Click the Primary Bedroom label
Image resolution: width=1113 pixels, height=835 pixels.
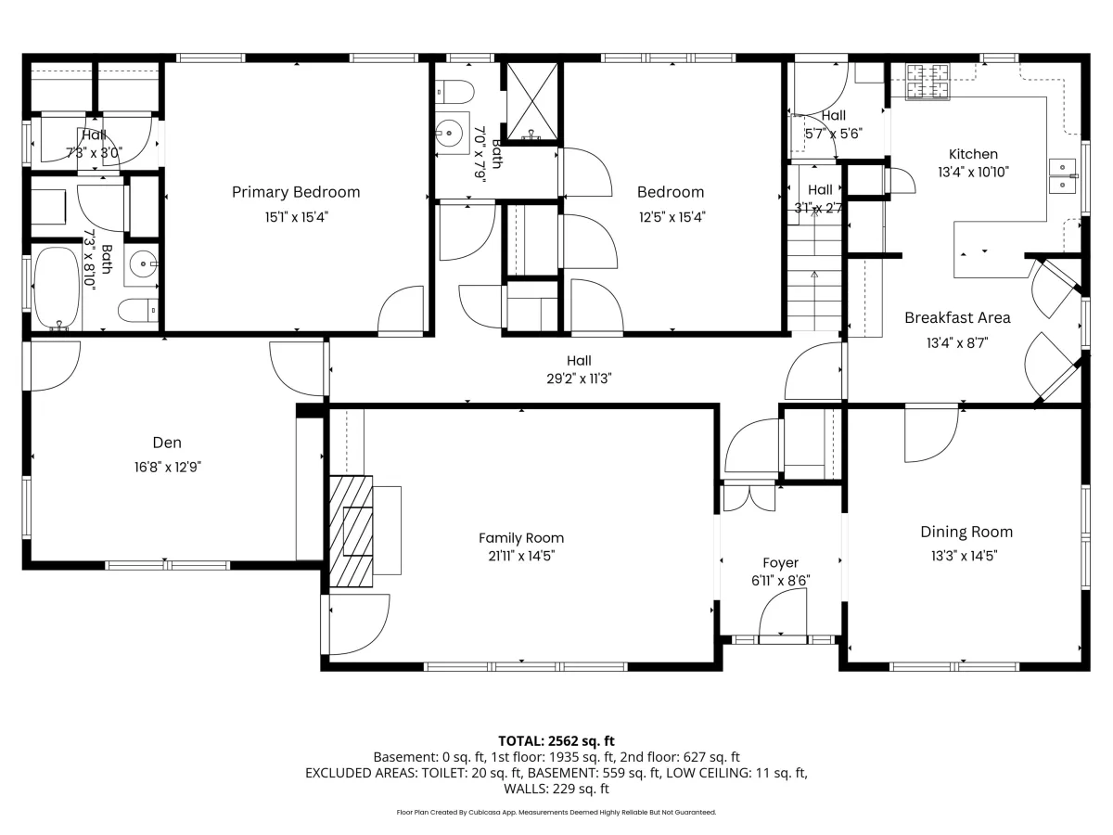point(296,192)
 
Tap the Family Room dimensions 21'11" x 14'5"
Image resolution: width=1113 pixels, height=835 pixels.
point(521,556)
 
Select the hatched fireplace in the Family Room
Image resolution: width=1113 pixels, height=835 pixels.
point(351,531)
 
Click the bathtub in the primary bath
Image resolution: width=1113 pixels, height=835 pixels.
point(57,288)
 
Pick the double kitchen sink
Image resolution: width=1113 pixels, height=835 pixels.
point(1062,176)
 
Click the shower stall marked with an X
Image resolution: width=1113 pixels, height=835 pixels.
point(532,101)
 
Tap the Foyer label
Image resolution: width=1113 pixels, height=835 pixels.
point(780,563)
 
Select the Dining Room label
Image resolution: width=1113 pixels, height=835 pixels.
point(966,532)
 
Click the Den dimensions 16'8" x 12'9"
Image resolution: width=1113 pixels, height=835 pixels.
point(167,467)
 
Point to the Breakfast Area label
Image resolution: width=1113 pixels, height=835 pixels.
point(957,318)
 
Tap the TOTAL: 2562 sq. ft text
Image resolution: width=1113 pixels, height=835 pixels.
point(556,741)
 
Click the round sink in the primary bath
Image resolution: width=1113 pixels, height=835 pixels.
point(143,264)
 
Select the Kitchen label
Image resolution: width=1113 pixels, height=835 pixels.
point(973,154)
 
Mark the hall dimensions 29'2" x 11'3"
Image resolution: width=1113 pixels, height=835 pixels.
point(579,379)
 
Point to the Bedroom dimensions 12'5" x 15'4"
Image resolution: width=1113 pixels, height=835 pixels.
point(672,217)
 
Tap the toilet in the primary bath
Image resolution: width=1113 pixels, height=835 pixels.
point(138,310)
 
